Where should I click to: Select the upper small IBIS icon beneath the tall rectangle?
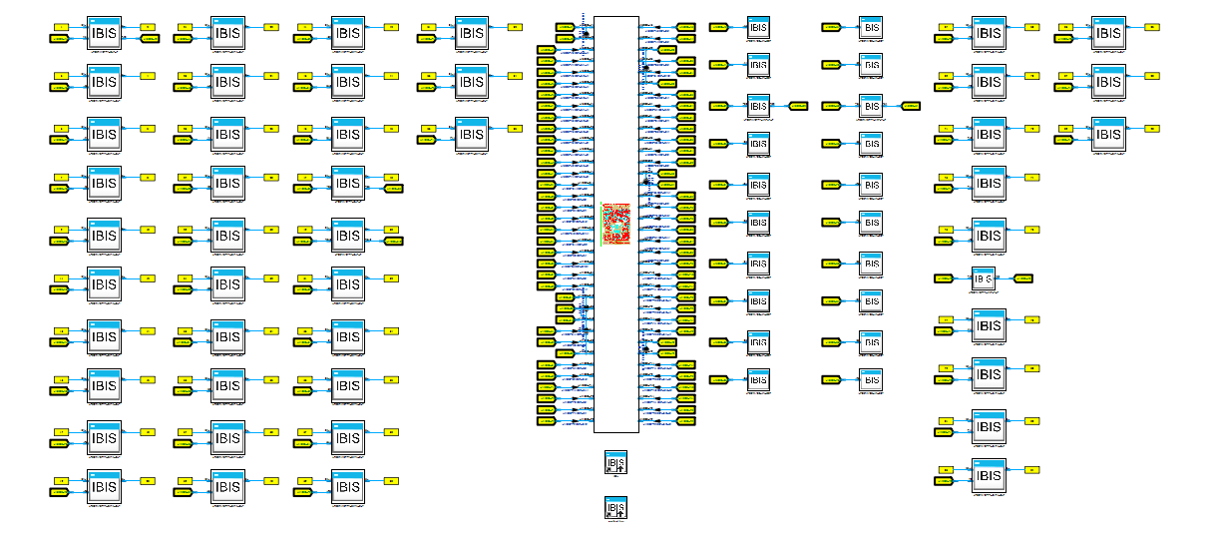616,462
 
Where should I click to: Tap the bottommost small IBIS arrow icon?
616,507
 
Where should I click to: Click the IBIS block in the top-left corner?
104,33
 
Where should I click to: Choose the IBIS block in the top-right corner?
1108,33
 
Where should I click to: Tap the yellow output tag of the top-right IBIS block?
1151,27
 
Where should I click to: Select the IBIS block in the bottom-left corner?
104,486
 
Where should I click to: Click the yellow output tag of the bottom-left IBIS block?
148,481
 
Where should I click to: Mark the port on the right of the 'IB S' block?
1022,278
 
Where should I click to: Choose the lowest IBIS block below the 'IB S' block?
989,475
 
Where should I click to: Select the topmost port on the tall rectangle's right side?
685,27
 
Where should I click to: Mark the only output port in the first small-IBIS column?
799,105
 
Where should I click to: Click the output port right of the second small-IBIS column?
910,105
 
